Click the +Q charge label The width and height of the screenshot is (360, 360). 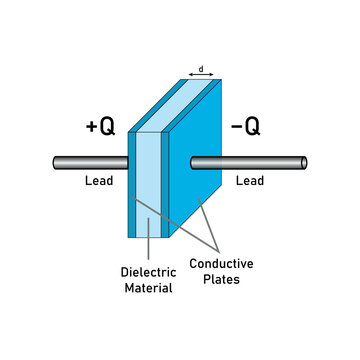coord(100,128)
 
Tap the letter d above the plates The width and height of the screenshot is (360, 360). coord(202,69)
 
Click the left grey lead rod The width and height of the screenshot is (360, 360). coord(90,160)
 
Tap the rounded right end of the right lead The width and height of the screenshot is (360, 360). coord(304,161)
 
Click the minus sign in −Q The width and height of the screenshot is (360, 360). coord(236,128)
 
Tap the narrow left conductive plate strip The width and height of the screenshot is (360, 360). coord(132,190)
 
